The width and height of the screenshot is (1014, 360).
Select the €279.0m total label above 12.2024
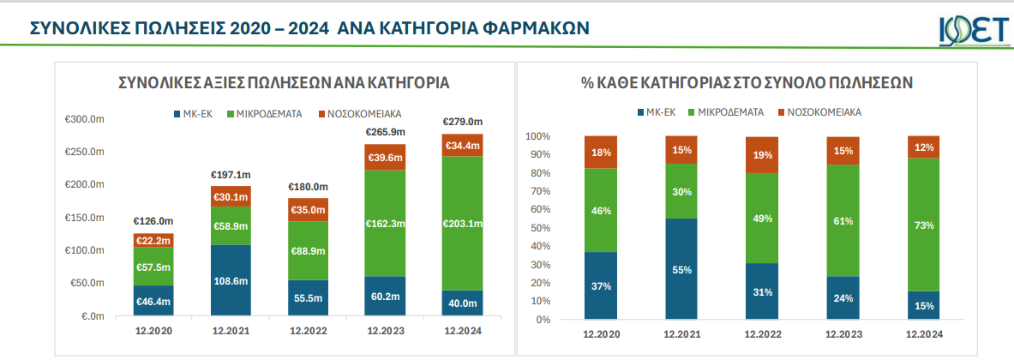[x=462, y=121]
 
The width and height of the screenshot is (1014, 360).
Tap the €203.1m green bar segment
[x=462, y=224]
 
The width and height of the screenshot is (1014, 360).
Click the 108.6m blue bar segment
[x=231, y=280]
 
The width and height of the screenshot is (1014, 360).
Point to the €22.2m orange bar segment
[x=154, y=240]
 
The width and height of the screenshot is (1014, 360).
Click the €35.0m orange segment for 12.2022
[x=308, y=210]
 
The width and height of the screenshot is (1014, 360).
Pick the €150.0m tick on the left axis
[x=84, y=218]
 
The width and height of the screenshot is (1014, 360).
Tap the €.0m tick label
[x=91, y=316]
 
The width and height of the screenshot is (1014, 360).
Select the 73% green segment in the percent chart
[x=923, y=225]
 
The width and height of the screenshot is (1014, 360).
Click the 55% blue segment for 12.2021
[x=681, y=269]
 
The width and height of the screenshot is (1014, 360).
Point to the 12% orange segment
[x=923, y=147]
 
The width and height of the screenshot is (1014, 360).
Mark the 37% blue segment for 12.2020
[x=601, y=285]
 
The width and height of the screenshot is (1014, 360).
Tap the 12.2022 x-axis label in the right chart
[x=762, y=333]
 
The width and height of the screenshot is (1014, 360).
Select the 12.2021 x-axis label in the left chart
[x=231, y=330]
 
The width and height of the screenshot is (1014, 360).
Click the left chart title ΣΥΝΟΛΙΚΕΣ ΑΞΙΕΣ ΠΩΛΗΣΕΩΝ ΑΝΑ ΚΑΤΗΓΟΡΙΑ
[x=284, y=83]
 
